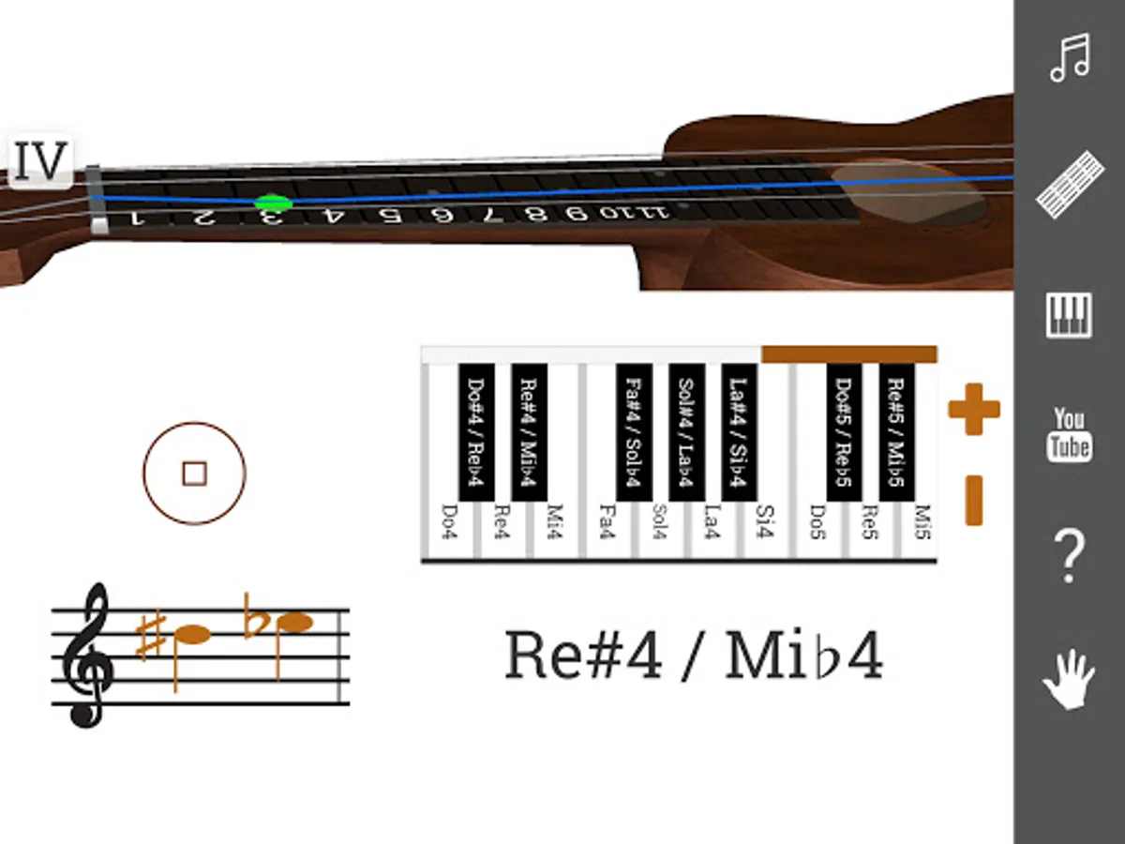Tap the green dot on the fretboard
click(273, 203)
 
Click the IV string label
click(41, 162)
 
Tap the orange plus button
click(974, 409)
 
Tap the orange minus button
click(974, 500)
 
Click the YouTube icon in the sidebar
click(1070, 434)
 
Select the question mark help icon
click(1070, 555)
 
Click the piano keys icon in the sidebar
click(1070, 315)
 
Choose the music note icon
click(1070, 58)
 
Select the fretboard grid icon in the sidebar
click(1070, 184)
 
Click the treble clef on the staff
click(87, 656)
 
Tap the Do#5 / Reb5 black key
click(844, 431)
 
